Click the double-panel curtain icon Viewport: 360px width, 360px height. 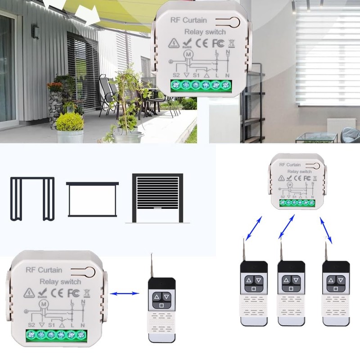32,198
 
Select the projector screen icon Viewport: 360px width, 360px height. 92,199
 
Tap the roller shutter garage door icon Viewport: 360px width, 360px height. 157,198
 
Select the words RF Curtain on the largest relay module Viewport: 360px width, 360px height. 44,270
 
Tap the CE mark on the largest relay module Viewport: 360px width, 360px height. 57,292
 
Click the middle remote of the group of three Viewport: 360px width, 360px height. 291,292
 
